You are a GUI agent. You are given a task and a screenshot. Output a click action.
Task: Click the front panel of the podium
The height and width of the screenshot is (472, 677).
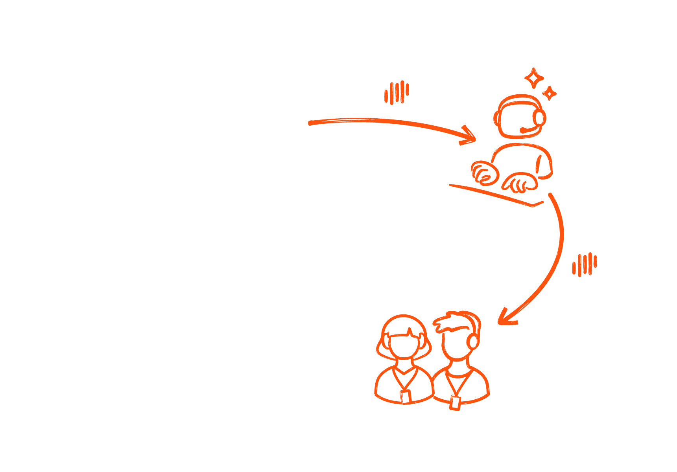click(194, 195)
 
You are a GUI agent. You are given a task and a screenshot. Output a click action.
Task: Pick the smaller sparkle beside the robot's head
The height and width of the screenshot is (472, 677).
click(549, 93)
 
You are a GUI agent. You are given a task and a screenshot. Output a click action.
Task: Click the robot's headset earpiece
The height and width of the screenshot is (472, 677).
click(539, 117)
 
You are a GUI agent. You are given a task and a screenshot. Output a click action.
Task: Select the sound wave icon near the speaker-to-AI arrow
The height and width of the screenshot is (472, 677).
click(397, 93)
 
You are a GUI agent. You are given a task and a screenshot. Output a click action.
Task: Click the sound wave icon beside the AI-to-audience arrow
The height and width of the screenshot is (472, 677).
click(584, 264)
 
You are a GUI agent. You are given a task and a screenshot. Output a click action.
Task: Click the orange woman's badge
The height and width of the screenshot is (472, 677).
click(405, 397)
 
